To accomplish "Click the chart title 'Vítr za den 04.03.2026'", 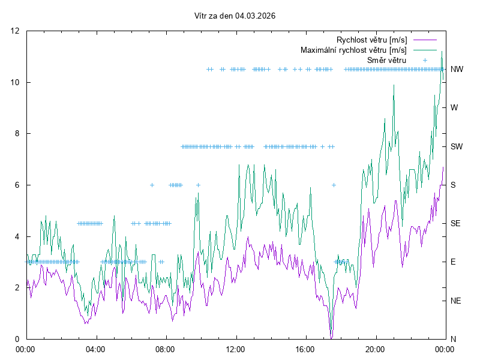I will coord(235,16).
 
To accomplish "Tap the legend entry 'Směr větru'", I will coord(386,61).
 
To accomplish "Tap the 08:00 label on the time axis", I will coord(165,349).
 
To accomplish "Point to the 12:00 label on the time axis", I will coord(235,349).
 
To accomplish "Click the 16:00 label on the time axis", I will coord(305,349).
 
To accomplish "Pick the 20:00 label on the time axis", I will coord(375,349).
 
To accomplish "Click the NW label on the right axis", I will coord(457,70).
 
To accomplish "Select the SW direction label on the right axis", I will coord(457,146).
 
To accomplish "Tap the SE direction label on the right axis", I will coord(455,223).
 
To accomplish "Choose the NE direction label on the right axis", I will coord(455,301).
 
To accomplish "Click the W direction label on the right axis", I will coord(454,108).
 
